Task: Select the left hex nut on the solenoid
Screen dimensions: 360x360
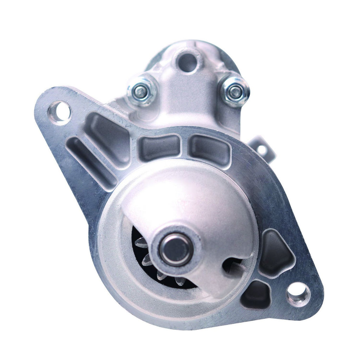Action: click(x=141, y=92)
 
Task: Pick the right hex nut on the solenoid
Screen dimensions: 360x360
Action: click(x=235, y=92)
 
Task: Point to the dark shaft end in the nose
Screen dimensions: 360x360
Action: click(x=175, y=249)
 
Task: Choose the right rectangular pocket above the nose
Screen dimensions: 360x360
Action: click(x=210, y=149)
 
